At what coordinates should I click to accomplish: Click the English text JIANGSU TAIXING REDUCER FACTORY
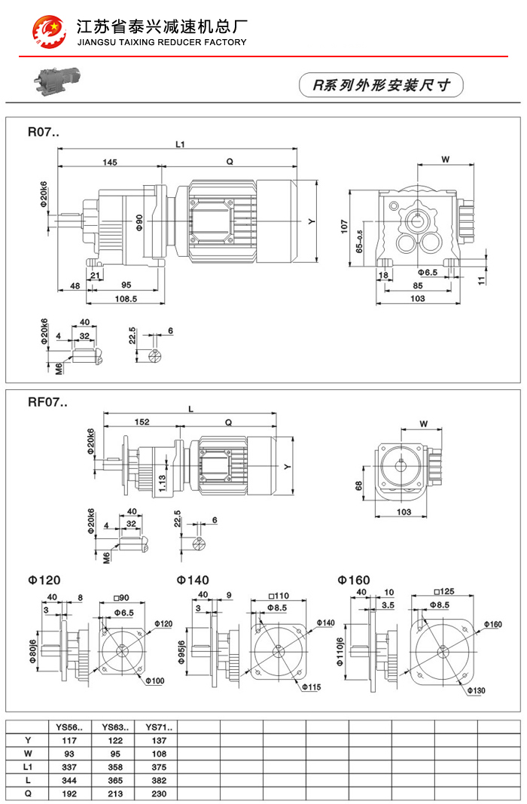pos(162,42)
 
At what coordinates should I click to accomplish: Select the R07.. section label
pos(43,132)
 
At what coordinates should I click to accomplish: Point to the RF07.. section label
pos(47,402)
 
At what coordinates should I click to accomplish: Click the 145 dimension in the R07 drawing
pos(110,162)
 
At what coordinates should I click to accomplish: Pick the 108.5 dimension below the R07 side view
pos(126,299)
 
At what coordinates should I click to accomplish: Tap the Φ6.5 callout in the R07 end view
pos(427,271)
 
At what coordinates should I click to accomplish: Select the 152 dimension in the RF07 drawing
pos(141,422)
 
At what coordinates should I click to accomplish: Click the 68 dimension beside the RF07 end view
pos(359,486)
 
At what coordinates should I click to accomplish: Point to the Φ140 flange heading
pos(193,580)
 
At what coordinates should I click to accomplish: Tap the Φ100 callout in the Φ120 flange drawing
pos(154,681)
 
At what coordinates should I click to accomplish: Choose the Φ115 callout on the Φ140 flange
pos(312,687)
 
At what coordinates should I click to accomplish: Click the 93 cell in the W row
pos(69,753)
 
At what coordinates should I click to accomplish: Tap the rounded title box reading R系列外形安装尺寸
pos(382,85)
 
